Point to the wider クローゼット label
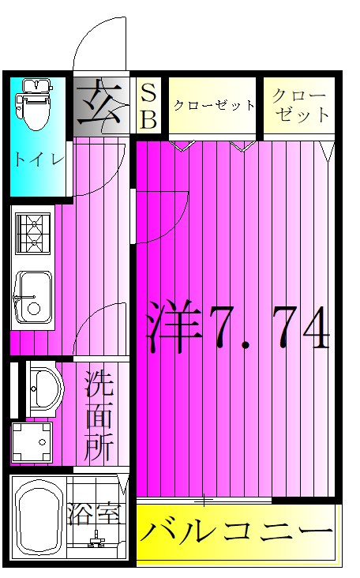(213, 105)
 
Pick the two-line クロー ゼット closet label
(300, 105)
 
